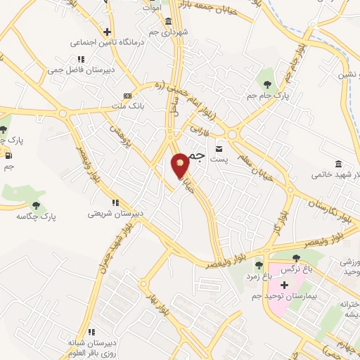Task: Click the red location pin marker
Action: pos(181,165)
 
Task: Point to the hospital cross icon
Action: pos(284,285)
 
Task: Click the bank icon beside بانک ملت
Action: pos(127,95)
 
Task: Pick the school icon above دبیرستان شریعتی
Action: pos(115,202)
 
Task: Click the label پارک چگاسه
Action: pos(37,217)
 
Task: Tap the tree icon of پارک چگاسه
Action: pos(37,205)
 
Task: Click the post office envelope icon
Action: pos(219,148)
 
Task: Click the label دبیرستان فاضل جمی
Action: pos(76,70)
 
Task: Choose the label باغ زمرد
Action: pos(259,276)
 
